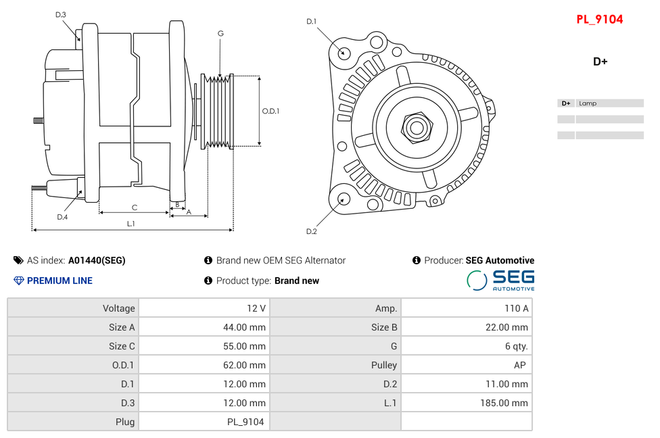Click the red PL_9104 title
pos(599,20)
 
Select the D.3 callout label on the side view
pos(61,14)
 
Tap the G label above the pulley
pos(220,33)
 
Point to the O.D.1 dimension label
pos(270,111)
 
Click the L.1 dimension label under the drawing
pos(131,223)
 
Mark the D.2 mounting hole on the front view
pos(344,199)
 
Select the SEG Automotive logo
pos(500,280)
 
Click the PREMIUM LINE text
pos(60,281)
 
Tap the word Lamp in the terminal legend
pos(588,103)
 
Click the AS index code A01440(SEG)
pos(97,260)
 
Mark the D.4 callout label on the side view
pos(62,217)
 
